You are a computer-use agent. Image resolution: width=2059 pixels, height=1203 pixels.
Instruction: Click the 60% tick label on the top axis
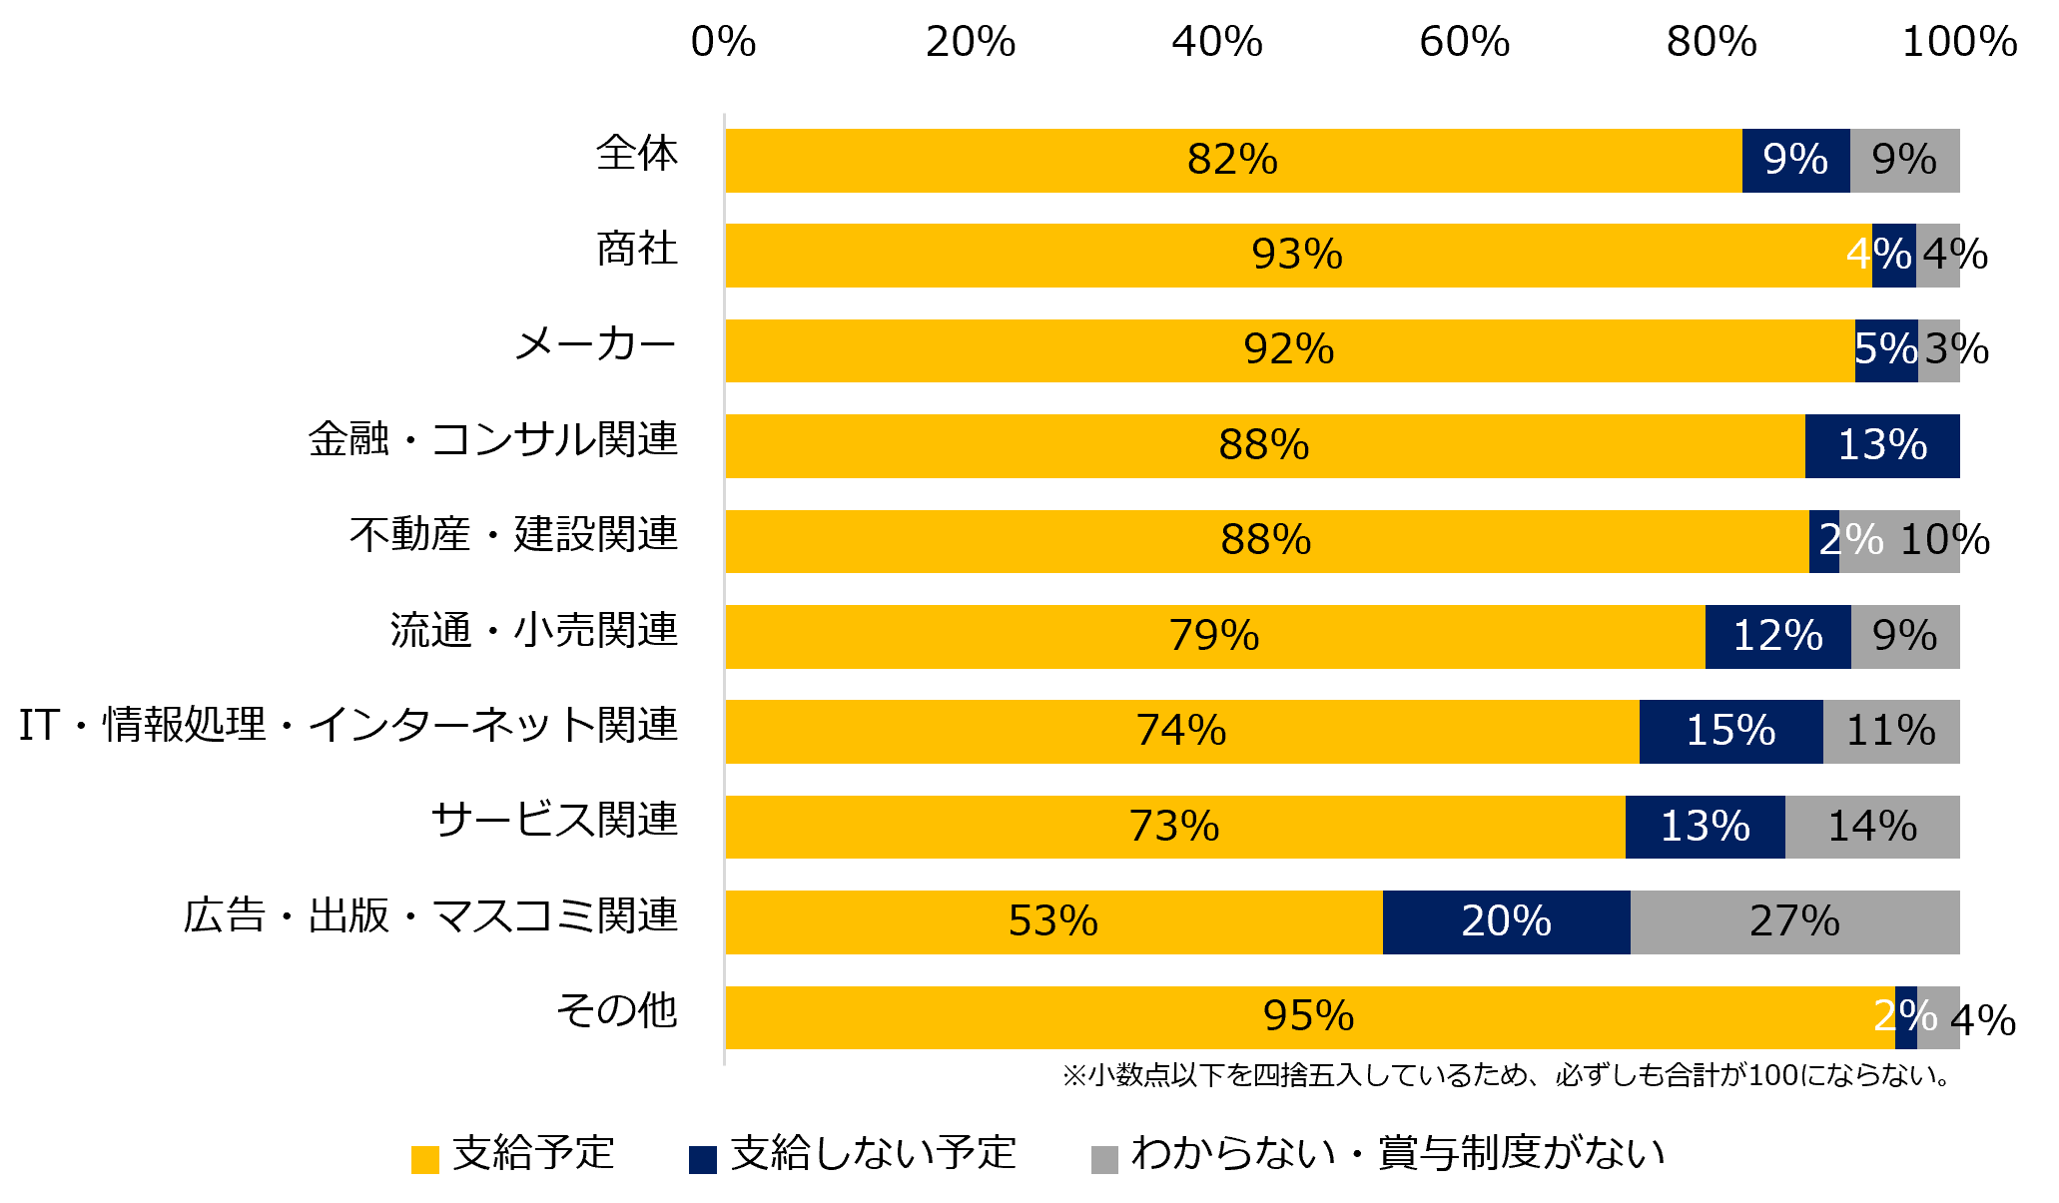[1464, 42]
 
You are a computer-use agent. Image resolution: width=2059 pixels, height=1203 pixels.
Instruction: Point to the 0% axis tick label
[723, 42]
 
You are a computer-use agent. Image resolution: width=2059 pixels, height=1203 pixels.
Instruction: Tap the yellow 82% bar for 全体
[1233, 160]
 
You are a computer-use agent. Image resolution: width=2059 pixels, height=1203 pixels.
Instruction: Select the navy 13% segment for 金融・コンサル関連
[1881, 445]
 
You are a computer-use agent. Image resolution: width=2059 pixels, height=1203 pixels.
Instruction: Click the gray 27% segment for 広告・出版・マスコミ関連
[1794, 921]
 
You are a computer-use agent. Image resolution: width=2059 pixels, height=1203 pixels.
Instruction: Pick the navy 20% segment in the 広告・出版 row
[1506, 921]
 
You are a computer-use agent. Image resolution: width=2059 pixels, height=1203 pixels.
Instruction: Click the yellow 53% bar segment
[1053, 921]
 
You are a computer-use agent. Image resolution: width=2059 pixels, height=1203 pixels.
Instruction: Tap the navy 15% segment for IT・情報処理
[1730, 731]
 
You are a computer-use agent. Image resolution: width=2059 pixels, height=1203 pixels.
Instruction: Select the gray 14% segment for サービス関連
[1871, 827]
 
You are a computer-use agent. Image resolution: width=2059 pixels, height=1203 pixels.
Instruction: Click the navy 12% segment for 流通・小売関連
[1777, 636]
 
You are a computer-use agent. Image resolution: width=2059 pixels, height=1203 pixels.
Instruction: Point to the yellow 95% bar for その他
[1308, 1016]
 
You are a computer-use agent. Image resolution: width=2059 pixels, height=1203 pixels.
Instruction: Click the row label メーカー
[595, 345]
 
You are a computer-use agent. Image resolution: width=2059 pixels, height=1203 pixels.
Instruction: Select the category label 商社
[636, 250]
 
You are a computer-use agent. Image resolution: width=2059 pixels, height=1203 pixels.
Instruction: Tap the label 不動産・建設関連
[513, 535]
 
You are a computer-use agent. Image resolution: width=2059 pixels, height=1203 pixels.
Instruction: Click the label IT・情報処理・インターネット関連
[347, 726]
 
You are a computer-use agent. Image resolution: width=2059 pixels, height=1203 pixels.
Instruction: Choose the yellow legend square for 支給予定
[425, 1159]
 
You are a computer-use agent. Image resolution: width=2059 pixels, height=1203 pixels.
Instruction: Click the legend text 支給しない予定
[872, 1153]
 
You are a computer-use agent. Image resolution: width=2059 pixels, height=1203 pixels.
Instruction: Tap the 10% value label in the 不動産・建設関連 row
[1943, 540]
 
